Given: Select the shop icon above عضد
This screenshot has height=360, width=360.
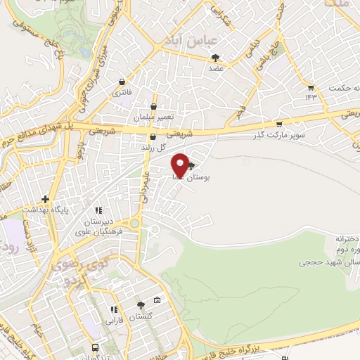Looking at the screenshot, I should pos(215,58).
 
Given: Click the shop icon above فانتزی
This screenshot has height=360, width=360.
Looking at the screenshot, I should pos(122,82).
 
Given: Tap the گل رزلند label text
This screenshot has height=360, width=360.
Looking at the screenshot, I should pos(153,147).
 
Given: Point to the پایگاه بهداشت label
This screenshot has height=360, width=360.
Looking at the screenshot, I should pos(44,210).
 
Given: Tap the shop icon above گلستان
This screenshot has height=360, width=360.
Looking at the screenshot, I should pos(141,305).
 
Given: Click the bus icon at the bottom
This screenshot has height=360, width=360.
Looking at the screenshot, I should pos(96,347).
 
